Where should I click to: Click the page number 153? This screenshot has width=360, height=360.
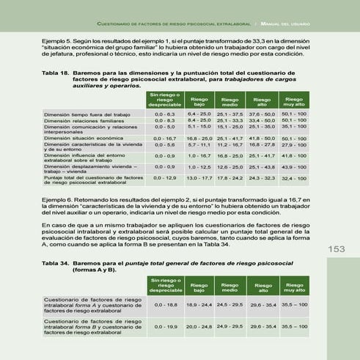[x=337, y=249]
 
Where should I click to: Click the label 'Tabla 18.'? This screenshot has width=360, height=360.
[x=56, y=73]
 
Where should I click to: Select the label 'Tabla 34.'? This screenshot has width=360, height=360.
[x=56, y=264]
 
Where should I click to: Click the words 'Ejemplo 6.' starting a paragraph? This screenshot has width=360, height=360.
[x=58, y=199]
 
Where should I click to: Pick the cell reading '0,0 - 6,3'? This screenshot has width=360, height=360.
[x=165, y=114]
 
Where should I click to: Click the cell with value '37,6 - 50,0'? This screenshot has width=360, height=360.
[x=262, y=114]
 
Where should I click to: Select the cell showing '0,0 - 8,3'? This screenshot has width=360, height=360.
[x=165, y=121]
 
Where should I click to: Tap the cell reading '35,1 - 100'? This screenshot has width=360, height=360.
[x=294, y=128]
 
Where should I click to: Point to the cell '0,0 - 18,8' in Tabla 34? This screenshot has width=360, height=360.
[x=165, y=304]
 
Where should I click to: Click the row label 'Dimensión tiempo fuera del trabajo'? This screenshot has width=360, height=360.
[x=87, y=115]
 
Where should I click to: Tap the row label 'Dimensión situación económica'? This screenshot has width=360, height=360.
[x=82, y=138]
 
